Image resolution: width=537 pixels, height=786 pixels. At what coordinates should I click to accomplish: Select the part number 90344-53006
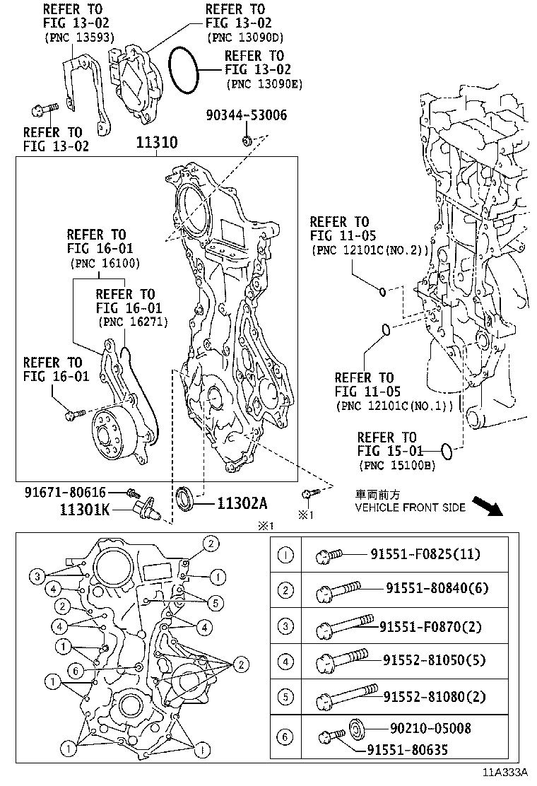[x=247, y=115]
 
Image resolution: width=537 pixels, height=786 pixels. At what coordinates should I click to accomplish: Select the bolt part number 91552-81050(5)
[x=435, y=660]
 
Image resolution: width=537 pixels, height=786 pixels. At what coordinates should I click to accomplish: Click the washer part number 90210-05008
[x=430, y=728]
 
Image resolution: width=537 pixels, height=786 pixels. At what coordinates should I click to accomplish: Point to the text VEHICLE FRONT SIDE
[x=410, y=508]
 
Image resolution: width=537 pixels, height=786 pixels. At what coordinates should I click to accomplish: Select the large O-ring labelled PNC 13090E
[x=186, y=71]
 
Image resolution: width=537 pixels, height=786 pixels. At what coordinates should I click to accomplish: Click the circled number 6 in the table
[x=285, y=737]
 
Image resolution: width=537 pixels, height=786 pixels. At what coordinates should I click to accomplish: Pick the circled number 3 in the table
[x=285, y=626]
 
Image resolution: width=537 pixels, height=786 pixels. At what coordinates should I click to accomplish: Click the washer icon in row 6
[x=357, y=727]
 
